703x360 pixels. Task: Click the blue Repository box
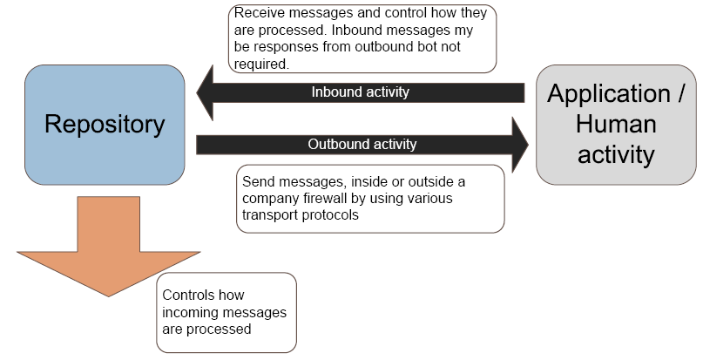[x=105, y=161]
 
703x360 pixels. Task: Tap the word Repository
[x=105, y=125]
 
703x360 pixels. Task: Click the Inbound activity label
[x=360, y=92]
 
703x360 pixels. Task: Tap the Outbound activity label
[x=362, y=144]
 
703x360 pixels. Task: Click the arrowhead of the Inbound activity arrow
[x=207, y=92]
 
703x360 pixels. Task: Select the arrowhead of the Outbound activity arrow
[x=519, y=144]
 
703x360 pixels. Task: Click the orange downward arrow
[x=108, y=248]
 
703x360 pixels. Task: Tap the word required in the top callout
[x=260, y=64]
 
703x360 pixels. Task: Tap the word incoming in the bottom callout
[x=188, y=312]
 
